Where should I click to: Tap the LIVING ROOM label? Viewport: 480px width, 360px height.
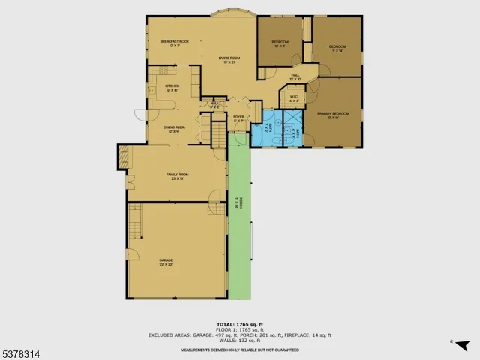tap(229, 60)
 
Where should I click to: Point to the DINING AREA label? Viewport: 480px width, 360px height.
tap(174, 129)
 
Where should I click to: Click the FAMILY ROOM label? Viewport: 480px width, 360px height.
tap(176, 177)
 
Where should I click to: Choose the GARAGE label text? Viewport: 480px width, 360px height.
tap(165, 262)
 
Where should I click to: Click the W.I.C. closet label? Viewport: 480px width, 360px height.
tap(293, 98)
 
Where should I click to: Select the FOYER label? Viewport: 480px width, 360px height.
tap(238, 118)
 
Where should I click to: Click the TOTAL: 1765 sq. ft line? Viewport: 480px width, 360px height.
tap(239, 321)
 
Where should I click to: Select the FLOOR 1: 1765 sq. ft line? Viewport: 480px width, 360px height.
tap(239, 327)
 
